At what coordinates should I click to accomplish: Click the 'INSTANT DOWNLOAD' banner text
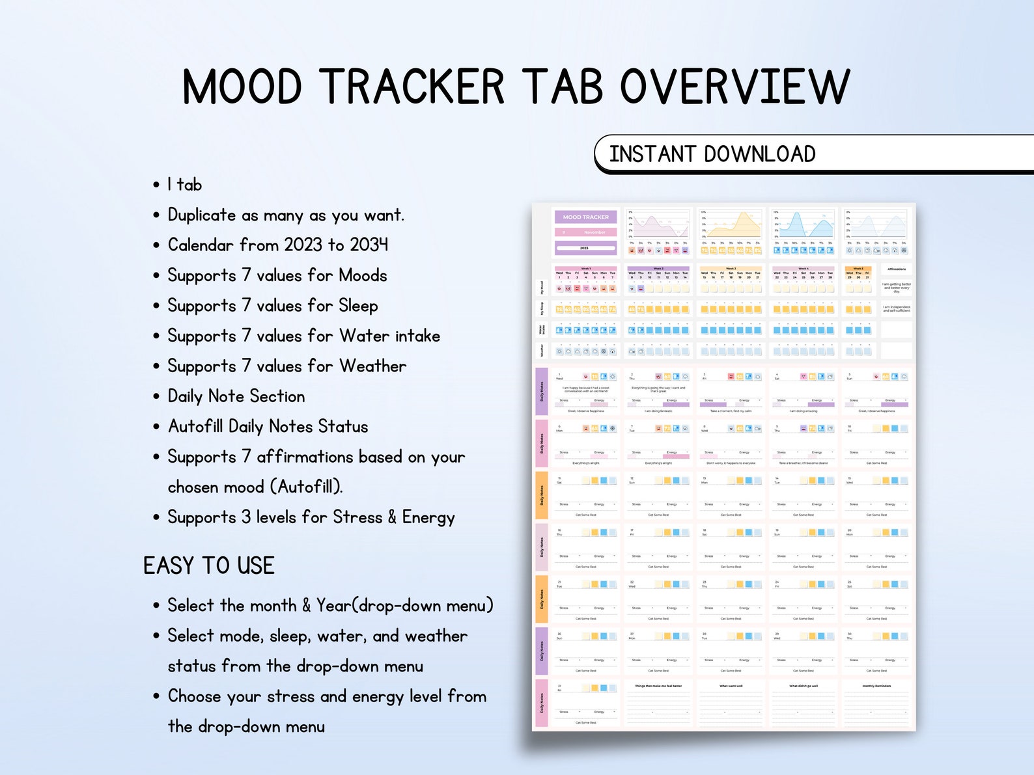pos(712,154)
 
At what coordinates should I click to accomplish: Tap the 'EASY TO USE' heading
pos(209,565)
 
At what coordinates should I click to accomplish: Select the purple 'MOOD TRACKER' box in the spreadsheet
pos(585,217)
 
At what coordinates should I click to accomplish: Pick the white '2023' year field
pos(585,248)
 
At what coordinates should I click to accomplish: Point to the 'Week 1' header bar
pos(585,268)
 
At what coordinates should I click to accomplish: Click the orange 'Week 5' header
pos(858,268)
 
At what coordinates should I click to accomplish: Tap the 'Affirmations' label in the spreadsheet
pos(896,269)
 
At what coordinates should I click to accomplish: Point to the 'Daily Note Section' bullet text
pos(236,396)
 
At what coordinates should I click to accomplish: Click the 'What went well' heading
pos(731,686)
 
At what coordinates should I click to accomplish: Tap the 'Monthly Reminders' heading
pos(876,686)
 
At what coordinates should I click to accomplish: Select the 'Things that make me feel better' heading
pos(658,686)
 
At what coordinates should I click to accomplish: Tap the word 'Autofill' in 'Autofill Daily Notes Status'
pos(195,426)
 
